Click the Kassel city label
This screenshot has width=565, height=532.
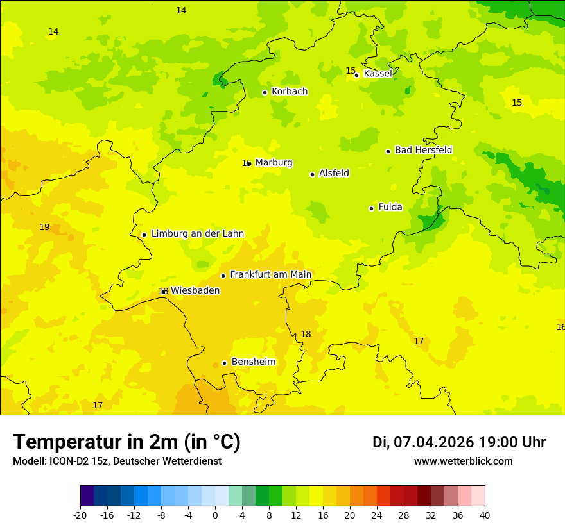378,74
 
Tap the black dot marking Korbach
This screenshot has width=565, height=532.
265,92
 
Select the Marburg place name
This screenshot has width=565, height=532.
274,163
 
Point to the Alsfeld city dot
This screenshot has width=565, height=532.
312,174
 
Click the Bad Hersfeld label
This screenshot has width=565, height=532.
423,150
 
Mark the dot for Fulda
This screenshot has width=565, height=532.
371,208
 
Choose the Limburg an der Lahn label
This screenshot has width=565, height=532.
197,234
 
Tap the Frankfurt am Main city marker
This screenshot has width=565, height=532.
223,276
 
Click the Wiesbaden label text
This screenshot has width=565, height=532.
195,291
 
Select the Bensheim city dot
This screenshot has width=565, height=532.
224,363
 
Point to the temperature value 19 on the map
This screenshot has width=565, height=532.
44,228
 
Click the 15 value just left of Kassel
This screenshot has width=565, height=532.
351,71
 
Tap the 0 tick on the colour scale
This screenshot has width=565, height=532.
215,515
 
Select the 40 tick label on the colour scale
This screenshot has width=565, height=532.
485,515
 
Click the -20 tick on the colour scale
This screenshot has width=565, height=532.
80,515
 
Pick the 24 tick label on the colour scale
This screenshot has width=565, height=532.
377,515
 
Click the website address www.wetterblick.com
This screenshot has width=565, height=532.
463,461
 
